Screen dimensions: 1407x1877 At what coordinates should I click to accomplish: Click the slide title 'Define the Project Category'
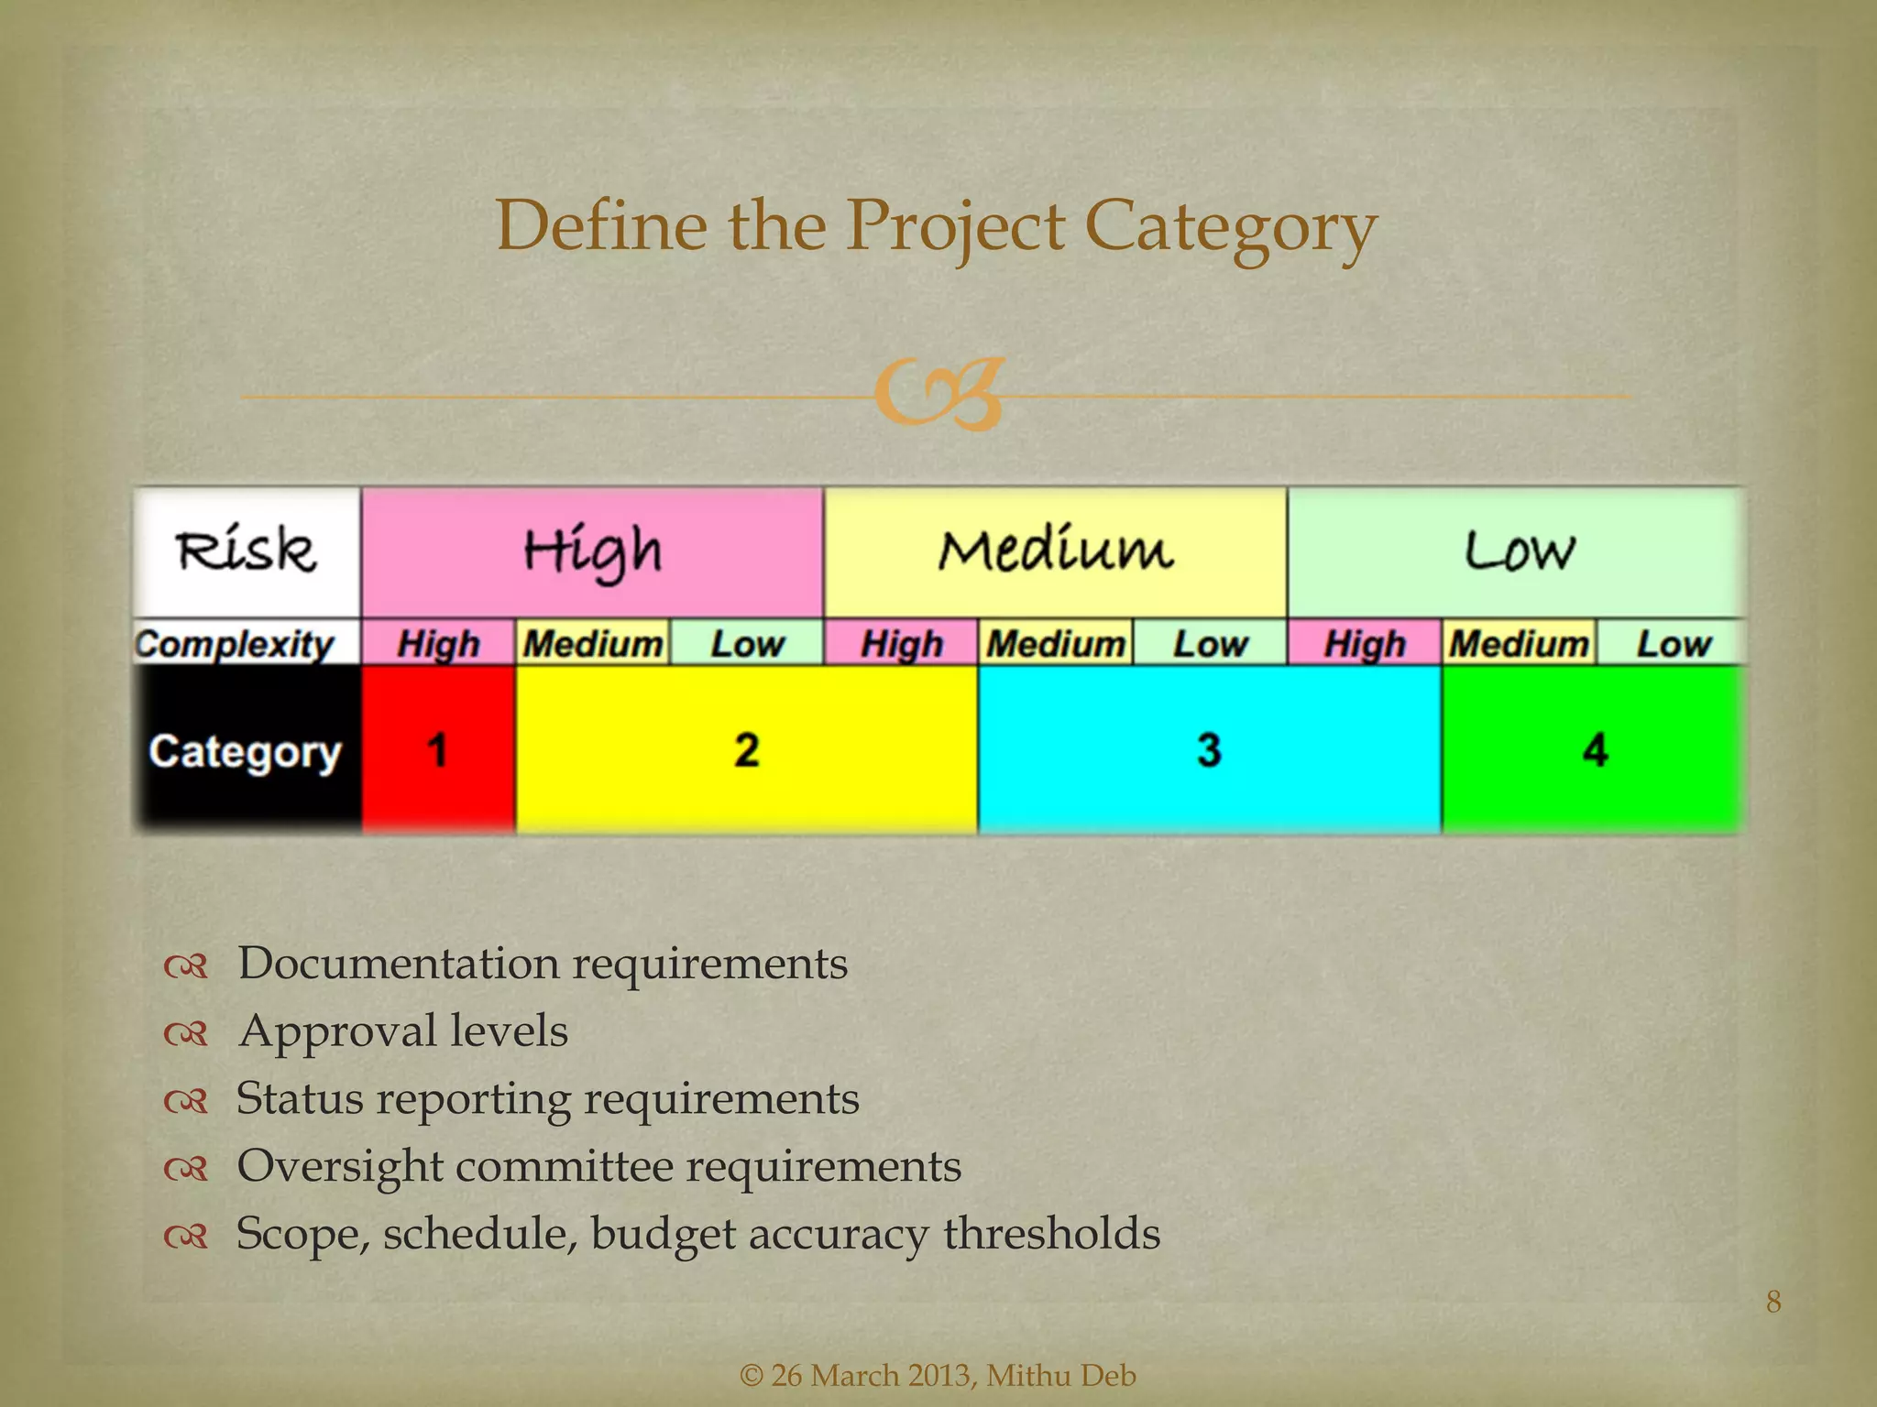[936, 227]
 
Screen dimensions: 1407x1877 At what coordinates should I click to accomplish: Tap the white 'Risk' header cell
[247, 551]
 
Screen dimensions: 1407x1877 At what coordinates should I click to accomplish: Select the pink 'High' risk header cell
[592, 551]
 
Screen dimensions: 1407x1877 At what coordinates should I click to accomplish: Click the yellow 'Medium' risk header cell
[1055, 551]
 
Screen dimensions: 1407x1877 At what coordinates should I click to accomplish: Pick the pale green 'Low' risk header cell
[1518, 551]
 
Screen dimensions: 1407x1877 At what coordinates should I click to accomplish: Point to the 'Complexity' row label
[236, 643]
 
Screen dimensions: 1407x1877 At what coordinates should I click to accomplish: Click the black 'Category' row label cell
[246, 751]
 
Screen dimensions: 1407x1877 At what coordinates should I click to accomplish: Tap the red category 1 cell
[438, 750]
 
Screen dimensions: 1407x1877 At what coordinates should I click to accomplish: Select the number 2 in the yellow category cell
[747, 750]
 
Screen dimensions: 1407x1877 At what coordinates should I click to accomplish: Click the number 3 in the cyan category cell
[1209, 750]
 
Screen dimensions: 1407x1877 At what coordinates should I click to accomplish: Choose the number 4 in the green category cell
[1595, 750]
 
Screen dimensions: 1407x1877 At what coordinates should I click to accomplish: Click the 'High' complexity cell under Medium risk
[902, 643]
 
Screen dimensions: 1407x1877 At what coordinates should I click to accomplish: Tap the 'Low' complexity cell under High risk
[747, 643]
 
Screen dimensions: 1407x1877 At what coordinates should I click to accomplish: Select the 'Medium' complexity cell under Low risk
[1519, 643]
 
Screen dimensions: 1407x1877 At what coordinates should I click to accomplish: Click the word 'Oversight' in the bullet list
[339, 1167]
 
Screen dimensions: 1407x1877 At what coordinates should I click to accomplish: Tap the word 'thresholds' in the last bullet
[1051, 1233]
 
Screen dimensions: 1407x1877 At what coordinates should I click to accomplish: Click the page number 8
[1773, 1302]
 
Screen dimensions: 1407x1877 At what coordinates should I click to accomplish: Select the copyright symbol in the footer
[751, 1376]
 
